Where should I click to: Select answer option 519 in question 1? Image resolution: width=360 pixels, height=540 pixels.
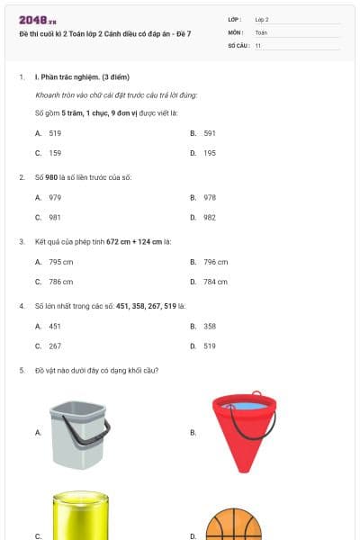55,132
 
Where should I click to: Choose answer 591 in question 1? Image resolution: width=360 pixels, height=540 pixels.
209,132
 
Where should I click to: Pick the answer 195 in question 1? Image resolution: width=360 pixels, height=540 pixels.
209,153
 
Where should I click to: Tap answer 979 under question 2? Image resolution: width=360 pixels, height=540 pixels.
55,197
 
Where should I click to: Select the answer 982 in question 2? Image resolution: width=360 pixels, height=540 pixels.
209,217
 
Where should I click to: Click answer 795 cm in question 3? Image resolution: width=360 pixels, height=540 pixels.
59,262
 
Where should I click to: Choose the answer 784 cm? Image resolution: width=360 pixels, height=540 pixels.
214,282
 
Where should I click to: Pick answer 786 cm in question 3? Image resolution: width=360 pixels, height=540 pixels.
59,282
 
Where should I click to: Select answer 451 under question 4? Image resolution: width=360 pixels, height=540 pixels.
55,326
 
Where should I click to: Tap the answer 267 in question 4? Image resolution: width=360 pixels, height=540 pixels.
55,346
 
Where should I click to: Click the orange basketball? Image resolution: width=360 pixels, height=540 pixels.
233,526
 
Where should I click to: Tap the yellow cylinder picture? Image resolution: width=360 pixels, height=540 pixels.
80,517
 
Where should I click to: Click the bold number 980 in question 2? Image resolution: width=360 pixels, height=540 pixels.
51,177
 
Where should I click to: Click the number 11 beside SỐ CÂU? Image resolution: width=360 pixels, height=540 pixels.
258,44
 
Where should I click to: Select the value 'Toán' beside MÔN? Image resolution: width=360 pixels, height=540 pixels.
261,31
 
